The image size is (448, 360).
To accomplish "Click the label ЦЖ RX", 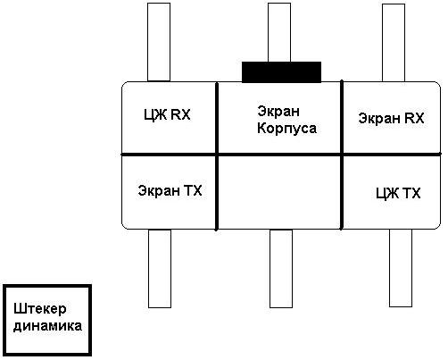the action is [x=167, y=115].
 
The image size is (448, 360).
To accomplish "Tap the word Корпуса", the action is [x=286, y=129].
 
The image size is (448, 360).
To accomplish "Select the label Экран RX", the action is [x=391, y=118].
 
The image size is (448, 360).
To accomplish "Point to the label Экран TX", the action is [x=170, y=190].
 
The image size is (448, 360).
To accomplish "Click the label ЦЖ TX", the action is [x=398, y=194].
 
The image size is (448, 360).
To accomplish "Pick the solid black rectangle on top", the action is [x=281, y=72].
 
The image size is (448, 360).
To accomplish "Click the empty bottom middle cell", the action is [x=279, y=192].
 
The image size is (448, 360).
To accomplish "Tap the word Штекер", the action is [x=40, y=309].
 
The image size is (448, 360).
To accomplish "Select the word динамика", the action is [x=47, y=326].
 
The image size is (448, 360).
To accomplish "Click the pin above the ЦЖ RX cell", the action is [x=159, y=42].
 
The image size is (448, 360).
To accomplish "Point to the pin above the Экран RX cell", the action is [x=394, y=43].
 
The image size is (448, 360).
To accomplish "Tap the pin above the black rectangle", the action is [x=279, y=32].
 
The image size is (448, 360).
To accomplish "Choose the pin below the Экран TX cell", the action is [x=160, y=268].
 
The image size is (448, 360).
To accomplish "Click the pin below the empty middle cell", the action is [x=281, y=268].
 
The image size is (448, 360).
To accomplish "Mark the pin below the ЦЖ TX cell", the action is [x=401, y=268].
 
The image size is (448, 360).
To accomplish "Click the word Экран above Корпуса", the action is [x=278, y=112].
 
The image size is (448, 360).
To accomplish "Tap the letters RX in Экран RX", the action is [x=414, y=118].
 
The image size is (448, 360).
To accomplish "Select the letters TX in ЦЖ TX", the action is [x=411, y=193].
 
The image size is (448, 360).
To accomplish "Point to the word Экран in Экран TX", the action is [x=158, y=190].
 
